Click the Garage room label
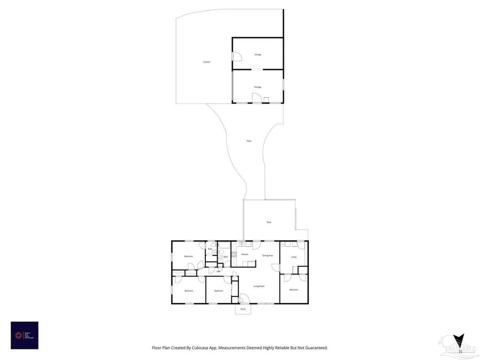258,54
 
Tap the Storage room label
258,86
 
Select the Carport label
206,62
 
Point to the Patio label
249,141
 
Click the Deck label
269,222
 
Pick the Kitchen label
245,254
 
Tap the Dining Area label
268,255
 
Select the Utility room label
294,257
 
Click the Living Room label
259,286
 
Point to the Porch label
243,309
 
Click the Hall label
219,270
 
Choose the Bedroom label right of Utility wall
294,290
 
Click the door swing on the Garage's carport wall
236,56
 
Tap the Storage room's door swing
257,98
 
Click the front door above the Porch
243,299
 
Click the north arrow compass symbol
458,341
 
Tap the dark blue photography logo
25,335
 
